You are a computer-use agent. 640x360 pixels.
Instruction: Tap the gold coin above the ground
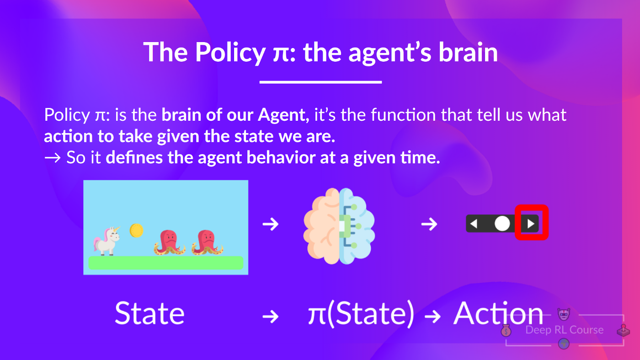pyautogui.click(x=136, y=230)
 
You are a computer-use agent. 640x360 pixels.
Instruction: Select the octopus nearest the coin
pyautogui.click(x=170, y=242)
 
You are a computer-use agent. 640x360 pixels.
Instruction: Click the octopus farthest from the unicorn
pyautogui.click(x=207, y=242)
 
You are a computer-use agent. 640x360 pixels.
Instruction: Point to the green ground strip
pyautogui.click(x=165, y=263)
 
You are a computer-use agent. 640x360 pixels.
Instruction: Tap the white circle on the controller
pyautogui.click(x=502, y=224)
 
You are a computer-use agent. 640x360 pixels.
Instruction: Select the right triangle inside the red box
pyautogui.click(x=531, y=224)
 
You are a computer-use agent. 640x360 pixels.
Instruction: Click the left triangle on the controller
pyautogui.click(x=474, y=224)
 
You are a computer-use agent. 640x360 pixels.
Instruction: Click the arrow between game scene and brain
pyautogui.click(x=271, y=224)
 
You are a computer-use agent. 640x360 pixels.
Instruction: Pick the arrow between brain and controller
pyautogui.click(x=429, y=224)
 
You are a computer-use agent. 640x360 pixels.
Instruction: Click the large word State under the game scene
pyautogui.click(x=149, y=313)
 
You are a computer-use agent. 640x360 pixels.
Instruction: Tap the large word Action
pyautogui.click(x=498, y=313)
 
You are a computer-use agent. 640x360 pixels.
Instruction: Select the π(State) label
pyautogui.click(x=361, y=314)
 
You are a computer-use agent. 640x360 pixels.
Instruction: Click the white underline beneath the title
pyautogui.click(x=320, y=82)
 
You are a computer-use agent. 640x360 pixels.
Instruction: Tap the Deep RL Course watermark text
pyautogui.click(x=564, y=330)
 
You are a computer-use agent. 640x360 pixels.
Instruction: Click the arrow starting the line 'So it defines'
pyautogui.click(x=53, y=158)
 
